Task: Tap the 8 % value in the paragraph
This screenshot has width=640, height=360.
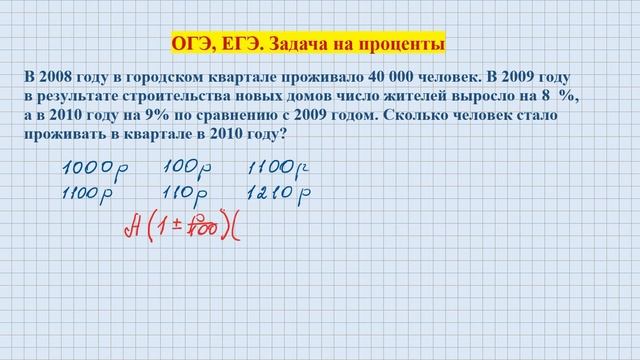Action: [561, 95]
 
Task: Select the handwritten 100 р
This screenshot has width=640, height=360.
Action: [185, 165]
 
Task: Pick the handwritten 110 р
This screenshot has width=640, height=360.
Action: [185, 189]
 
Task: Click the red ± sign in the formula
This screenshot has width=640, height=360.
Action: [173, 229]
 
